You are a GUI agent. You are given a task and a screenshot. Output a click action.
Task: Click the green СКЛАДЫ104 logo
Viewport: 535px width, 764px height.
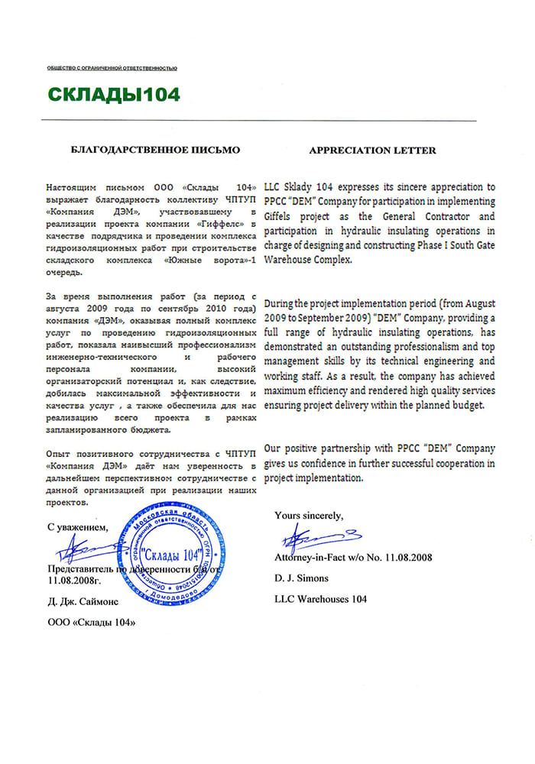click(x=114, y=94)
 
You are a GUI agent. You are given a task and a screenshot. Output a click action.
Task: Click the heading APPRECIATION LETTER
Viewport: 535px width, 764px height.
click(x=372, y=151)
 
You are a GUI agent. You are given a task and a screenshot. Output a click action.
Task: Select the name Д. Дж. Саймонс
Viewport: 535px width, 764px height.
click(x=83, y=602)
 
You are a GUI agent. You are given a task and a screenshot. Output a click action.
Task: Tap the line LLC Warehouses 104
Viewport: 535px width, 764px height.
click(x=320, y=599)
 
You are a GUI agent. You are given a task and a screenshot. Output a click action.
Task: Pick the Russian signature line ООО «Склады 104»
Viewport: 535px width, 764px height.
click(x=91, y=623)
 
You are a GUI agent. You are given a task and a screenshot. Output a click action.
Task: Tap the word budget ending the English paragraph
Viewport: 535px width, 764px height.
click(x=469, y=406)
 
